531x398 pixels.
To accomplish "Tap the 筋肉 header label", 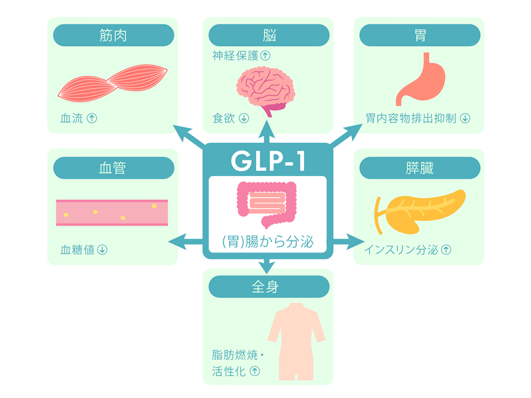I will click(113, 36).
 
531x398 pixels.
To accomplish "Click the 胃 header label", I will click(420, 36).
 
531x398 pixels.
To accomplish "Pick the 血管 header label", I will click(113, 168).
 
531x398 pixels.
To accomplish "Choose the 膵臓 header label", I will click(420, 168).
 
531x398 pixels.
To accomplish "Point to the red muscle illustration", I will click(113, 82).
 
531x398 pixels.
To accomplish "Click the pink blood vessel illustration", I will click(112, 212).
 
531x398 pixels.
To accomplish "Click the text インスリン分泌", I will click(401, 250).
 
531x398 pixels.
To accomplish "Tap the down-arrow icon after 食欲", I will click(244, 118).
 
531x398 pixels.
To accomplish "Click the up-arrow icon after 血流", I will click(92, 118).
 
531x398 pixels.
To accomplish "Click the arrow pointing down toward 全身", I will click(267, 265).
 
